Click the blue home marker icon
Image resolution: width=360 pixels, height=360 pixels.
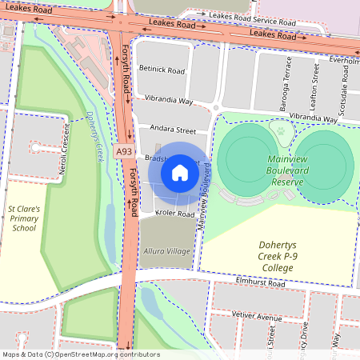pyautogui.click(x=180, y=172)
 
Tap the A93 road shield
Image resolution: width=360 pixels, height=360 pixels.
pyautogui.click(x=123, y=151)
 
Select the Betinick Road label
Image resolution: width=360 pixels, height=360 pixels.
pyautogui.click(x=162, y=70)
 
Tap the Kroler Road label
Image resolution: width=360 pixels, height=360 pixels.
pyautogui.click(x=175, y=214)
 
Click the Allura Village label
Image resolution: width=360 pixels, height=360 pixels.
pyautogui.click(x=166, y=251)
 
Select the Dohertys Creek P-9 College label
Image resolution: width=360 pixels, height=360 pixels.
pyautogui.click(x=277, y=256)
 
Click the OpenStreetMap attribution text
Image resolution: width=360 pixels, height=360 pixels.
pyautogui.click(x=81, y=354)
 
